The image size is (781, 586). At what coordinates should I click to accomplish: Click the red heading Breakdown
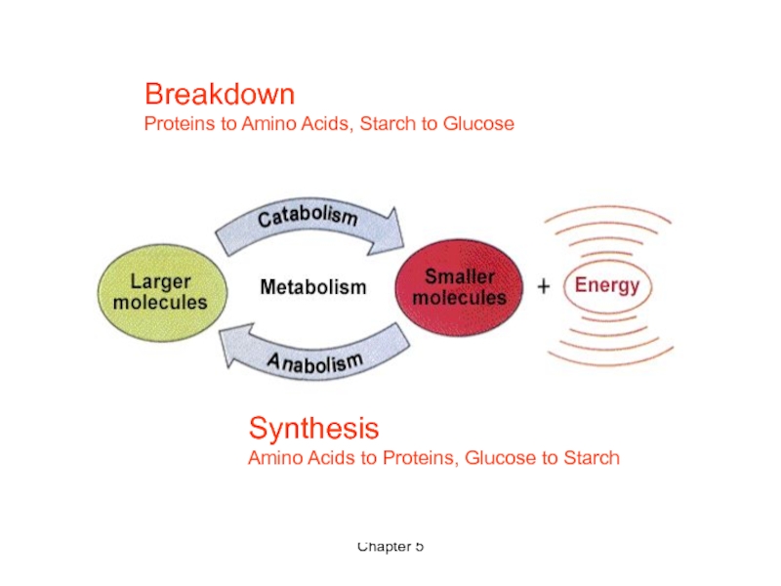point(220,95)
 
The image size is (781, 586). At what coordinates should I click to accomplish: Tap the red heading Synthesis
point(313,428)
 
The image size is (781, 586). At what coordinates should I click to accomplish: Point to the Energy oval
point(606,286)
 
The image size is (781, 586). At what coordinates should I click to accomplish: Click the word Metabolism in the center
point(313,287)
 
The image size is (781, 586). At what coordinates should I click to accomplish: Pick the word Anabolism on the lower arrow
point(314,364)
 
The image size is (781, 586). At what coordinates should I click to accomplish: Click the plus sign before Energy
point(544,286)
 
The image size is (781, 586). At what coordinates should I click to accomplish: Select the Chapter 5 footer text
point(390,546)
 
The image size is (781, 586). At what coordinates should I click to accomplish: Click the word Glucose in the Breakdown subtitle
point(479,124)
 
